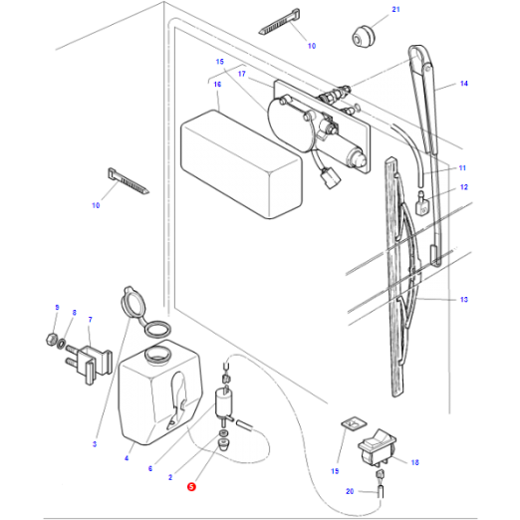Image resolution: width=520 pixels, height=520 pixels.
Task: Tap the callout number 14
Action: click(463, 85)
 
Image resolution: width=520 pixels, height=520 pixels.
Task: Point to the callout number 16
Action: click(216, 85)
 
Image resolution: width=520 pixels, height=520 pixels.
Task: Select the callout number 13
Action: click(464, 300)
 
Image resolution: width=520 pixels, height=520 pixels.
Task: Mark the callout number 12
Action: click(463, 187)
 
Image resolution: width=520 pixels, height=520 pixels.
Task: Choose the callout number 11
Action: click(462, 167)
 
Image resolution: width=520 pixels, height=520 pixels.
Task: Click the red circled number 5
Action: click(191, 487)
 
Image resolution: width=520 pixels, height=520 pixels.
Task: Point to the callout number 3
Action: click(95, 443)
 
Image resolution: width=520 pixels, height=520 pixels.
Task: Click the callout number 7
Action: click(90, 320)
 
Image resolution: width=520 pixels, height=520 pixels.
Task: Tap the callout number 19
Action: click(334, 470)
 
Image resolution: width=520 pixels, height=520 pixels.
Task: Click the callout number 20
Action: click(350, 492)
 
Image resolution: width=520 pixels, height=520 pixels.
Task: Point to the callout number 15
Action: click(220, 62)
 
